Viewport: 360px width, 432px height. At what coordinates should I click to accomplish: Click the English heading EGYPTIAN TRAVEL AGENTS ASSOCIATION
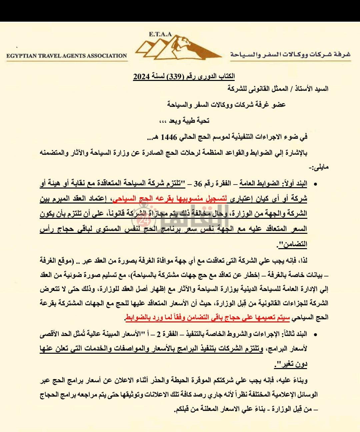tap(67, 56)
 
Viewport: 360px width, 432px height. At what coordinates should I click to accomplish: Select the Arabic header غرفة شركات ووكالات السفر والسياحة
tap(290, 55)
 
